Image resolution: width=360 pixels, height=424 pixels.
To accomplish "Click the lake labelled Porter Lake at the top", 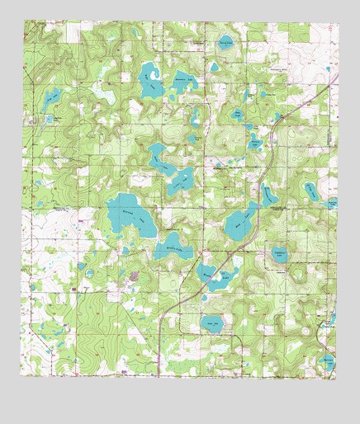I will point(225,43).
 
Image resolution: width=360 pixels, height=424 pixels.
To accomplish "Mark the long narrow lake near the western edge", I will point(51,101).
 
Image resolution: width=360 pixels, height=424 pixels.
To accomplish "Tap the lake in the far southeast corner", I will point(328,361).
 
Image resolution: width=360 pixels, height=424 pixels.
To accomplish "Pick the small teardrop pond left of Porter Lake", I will point(213,67).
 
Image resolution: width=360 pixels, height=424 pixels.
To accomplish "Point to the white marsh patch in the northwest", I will point(107,95).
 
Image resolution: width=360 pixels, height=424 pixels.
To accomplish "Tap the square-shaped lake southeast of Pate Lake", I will point(281,257).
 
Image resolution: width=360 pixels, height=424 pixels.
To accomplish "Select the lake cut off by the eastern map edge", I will point(332,202).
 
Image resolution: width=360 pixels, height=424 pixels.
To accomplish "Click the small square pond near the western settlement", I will point(89,273).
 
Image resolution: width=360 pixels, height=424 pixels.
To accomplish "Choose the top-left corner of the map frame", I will point(25,22).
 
